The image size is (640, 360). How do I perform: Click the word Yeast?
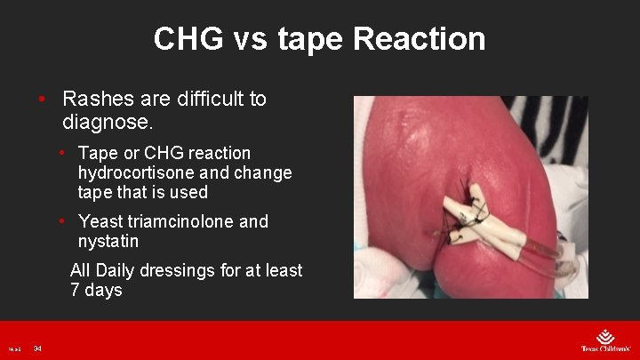point(103,221)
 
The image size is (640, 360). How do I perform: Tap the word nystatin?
point(108,241)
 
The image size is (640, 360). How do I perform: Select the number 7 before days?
point(76,290)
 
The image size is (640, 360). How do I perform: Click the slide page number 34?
point(37,348)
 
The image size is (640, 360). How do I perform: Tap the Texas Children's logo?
point(605,341)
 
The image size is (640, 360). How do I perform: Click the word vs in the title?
point(255,39)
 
